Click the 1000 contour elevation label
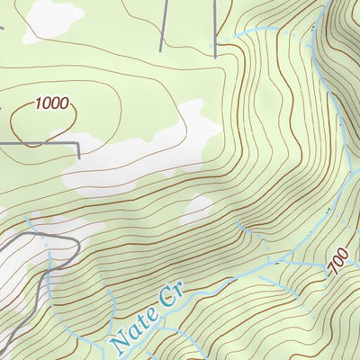click(x=52, y=103)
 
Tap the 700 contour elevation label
click(x=337, y=264)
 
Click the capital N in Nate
click(x=117, y=340)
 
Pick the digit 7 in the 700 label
click(x=341, y=274)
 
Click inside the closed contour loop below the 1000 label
click(x=40, y=126)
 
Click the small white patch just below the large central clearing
click(x=196, y=212)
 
